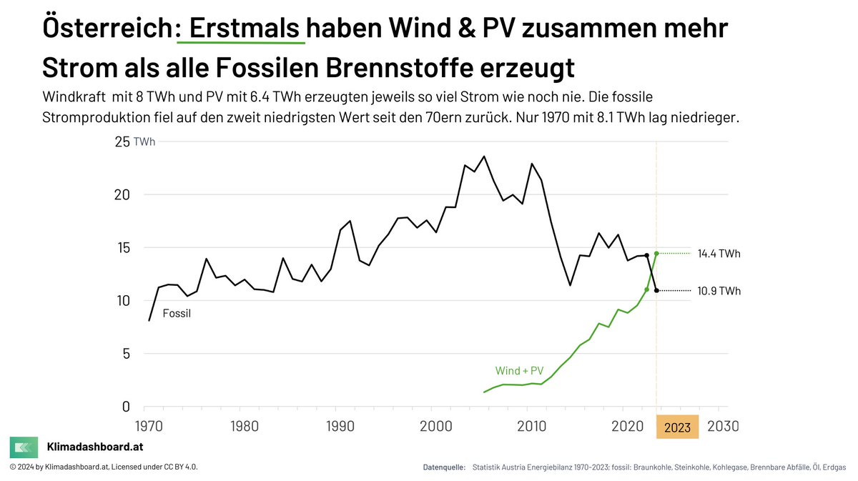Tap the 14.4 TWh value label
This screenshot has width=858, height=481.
point(719,254)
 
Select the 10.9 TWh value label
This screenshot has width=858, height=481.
point(719,291)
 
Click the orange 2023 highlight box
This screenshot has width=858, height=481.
point(677,427)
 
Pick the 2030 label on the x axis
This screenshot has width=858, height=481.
point(722,427)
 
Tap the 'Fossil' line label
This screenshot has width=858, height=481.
point(177,313)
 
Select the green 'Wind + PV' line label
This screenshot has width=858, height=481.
point(519,371)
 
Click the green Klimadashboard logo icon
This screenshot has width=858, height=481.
point(24,447)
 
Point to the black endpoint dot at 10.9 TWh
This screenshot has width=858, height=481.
point(656,291)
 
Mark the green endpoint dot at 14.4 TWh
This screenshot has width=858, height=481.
point(656,253)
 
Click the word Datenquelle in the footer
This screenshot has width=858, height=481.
point(444,467)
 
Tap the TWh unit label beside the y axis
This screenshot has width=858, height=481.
point(144,142)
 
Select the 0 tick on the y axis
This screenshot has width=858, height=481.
point(126,407)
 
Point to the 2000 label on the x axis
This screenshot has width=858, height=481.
point(433,427)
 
